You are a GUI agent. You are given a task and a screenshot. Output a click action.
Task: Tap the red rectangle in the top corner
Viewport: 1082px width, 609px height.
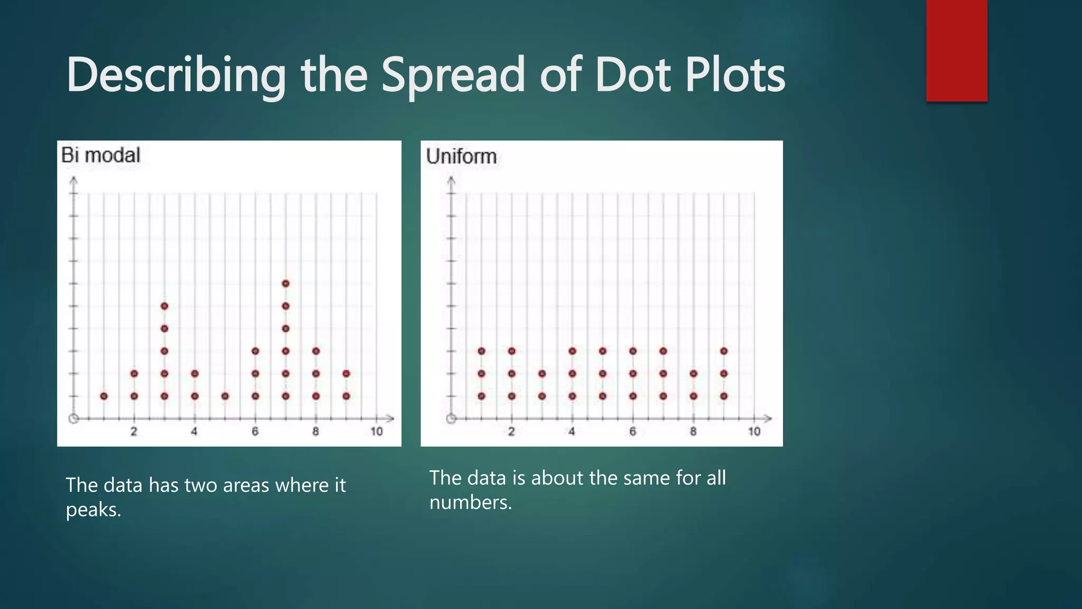tap(956, 50)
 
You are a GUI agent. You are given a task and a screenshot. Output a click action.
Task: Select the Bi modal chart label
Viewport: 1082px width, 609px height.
tap(100, 155)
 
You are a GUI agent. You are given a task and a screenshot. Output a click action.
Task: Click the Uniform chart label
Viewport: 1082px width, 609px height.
tap(461, 156)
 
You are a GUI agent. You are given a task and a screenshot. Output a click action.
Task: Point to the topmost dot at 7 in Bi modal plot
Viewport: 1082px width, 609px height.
tap(286, 283)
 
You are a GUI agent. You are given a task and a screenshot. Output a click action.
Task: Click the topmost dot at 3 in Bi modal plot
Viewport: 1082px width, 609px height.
tap(164, 306)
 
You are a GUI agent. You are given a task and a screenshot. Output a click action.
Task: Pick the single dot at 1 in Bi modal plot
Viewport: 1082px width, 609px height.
tap(104, 396)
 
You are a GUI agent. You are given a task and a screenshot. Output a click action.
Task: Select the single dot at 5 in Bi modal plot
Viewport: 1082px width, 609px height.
tap(225, 396)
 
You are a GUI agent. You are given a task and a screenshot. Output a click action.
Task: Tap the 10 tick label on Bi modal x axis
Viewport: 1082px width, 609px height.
tap(376, 431)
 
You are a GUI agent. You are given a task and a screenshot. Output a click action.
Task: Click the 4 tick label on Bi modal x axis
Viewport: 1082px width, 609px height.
tap(194, 431)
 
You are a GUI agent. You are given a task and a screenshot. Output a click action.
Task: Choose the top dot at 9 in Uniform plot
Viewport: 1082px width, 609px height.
tap(724, 351)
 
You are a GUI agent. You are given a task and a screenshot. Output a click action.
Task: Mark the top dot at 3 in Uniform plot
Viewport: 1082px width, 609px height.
tap(542, 374)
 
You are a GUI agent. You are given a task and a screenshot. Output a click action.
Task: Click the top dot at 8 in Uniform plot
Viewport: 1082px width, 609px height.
tap(694, 374)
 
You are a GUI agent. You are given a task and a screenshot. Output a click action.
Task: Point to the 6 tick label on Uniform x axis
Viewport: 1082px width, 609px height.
tap(632, 431)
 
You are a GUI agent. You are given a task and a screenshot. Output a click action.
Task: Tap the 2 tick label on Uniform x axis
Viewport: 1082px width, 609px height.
tap(511, 431)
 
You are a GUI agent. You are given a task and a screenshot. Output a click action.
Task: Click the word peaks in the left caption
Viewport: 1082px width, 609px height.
tap(94, 510)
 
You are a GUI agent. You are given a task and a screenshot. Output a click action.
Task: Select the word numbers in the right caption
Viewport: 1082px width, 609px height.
tap(470, 502)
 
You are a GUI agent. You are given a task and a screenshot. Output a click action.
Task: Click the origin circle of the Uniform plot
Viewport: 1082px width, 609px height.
tap(451, 419)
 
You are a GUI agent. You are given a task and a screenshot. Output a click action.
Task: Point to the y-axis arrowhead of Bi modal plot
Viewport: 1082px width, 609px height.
tap(74, 181)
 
